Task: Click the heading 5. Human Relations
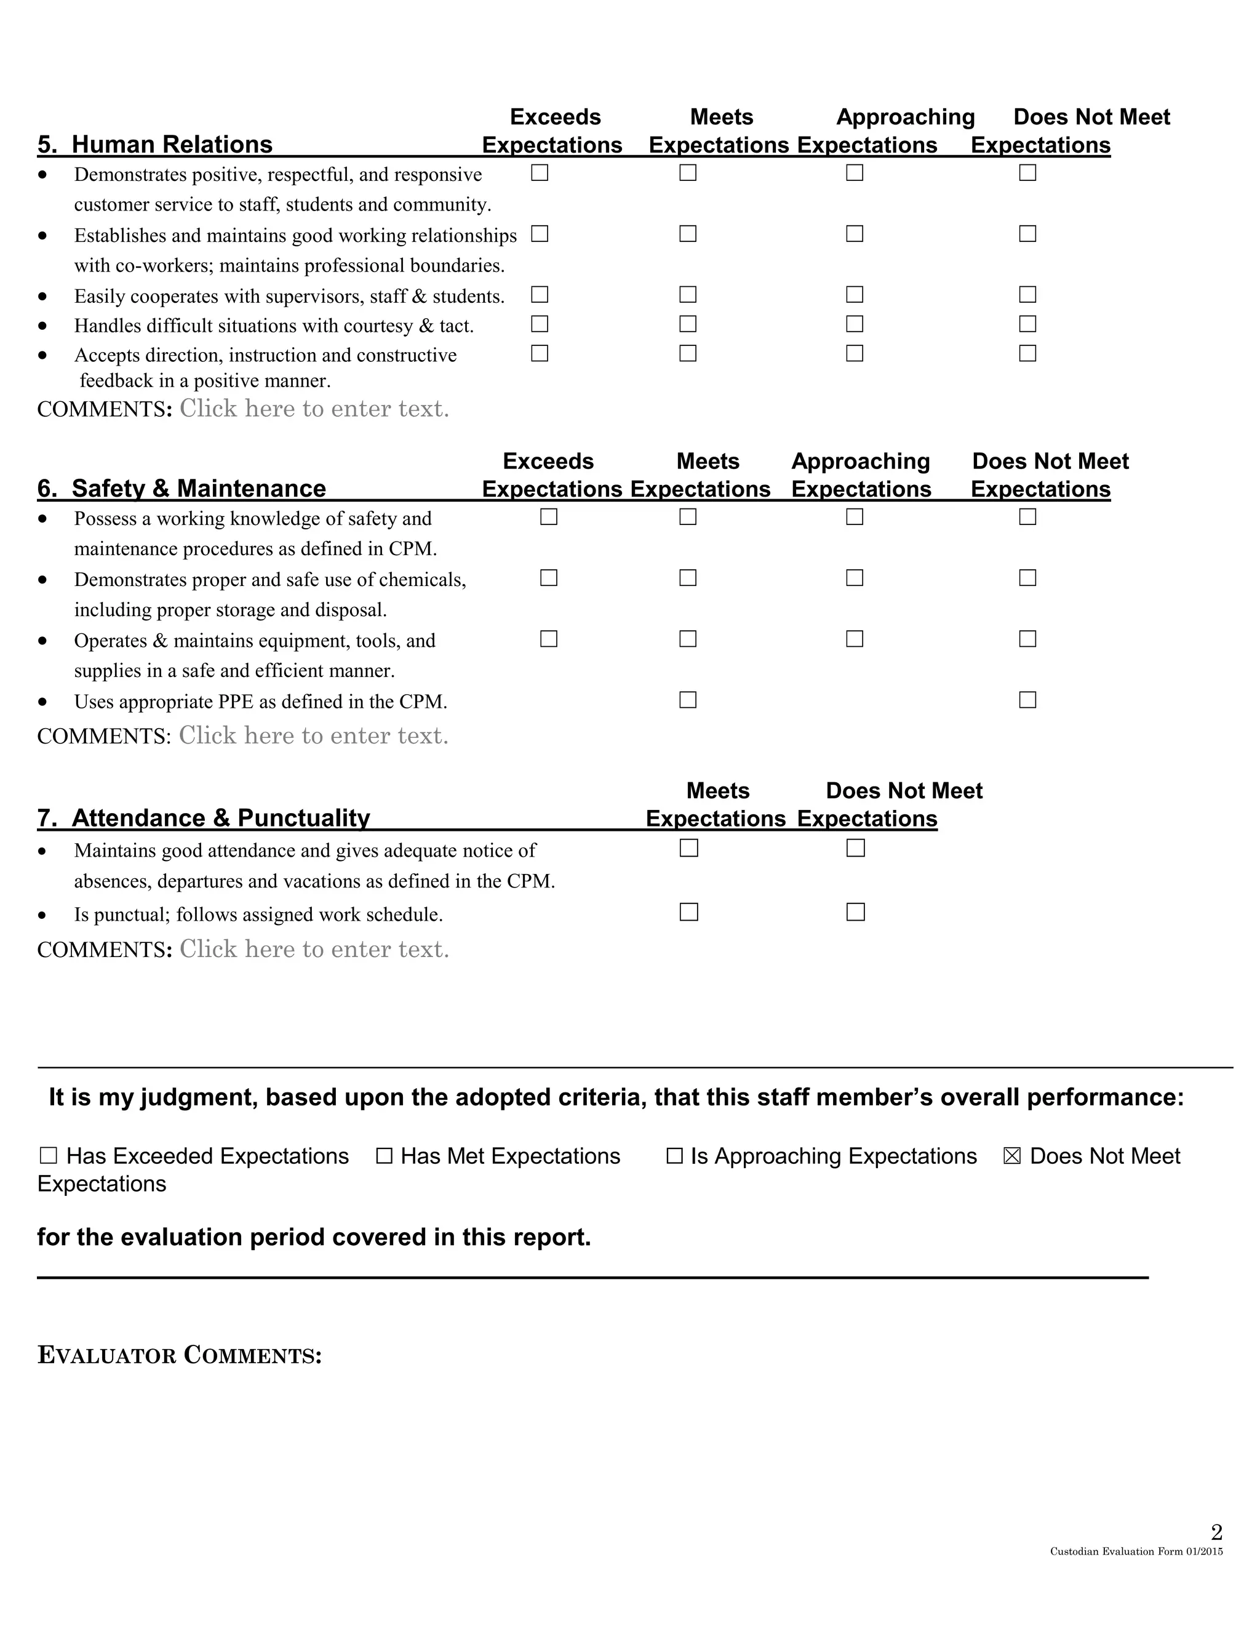coord(154,144)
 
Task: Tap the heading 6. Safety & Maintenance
coord(181,489)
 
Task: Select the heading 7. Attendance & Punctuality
coord(203,818)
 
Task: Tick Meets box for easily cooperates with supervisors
coord(687,295)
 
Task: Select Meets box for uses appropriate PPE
coord(687,700)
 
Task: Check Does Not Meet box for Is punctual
coord(855,912)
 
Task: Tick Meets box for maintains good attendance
coord(688,848)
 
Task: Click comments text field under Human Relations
coord(314,409)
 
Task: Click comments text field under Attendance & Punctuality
coord(314,949)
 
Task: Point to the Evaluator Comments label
coord(179,1355)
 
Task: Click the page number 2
coord(1216,1533)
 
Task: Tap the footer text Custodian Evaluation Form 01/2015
coord(1136,1552)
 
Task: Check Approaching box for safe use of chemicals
coord(855,578)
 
